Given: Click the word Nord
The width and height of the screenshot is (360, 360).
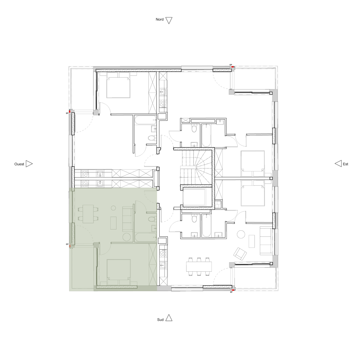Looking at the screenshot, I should click(159, 19).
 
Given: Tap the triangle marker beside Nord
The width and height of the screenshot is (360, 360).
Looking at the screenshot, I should click(169, 20).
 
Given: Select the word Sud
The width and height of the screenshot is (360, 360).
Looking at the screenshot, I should click(160, 319).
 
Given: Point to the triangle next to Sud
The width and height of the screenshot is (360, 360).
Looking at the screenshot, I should click(169, 318).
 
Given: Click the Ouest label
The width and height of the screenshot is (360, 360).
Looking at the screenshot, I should click(19, 164).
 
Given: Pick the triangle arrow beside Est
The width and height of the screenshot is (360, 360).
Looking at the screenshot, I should click(338, 163).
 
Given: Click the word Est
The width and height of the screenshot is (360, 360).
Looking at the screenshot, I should click(345, 164).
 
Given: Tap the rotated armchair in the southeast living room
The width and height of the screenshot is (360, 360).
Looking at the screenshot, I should click(240, 254).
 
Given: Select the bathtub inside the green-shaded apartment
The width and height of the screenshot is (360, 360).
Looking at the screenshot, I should click(145, 237).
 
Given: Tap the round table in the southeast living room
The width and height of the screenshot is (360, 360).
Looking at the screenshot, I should click(241, 234).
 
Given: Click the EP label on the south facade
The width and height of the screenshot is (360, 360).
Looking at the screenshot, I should click(231, 292).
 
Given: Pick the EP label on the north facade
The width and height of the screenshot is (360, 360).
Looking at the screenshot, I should click(231, 65).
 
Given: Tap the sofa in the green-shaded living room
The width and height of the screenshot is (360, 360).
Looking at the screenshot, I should click(127, 219).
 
